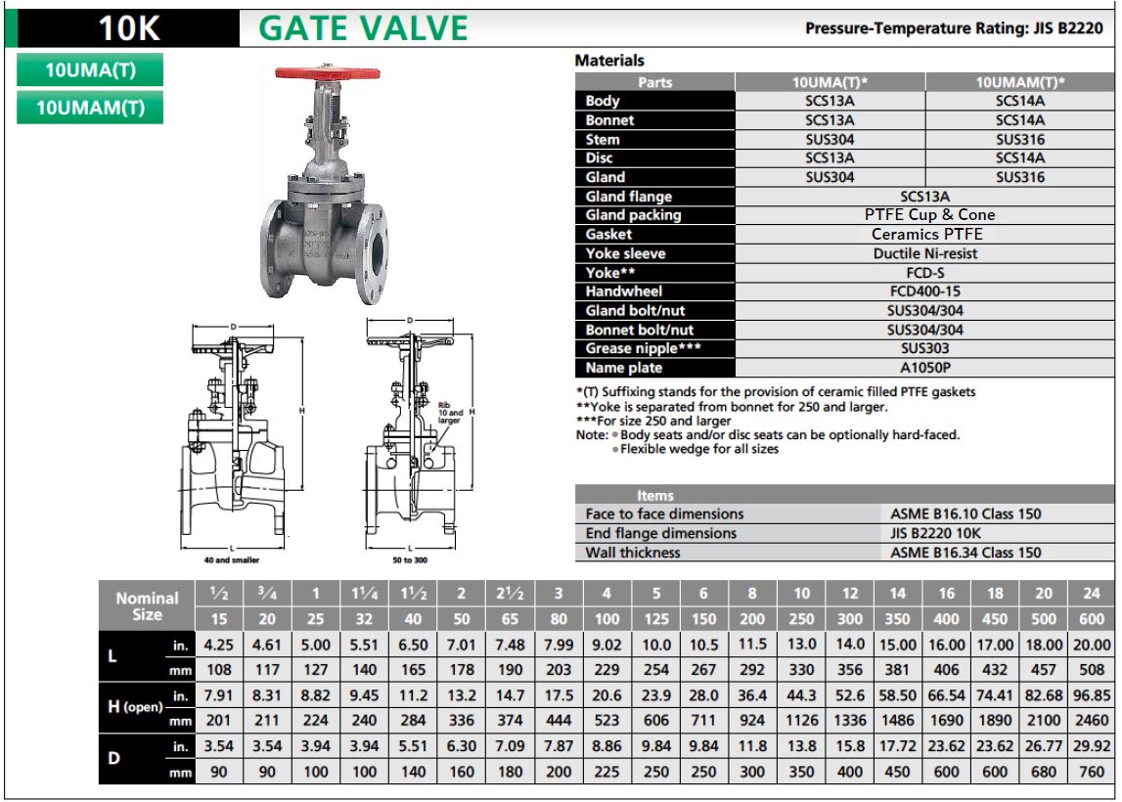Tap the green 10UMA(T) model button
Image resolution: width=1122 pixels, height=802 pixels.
click(89, 70)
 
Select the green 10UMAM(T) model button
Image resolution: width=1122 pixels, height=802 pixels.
click(89, 107)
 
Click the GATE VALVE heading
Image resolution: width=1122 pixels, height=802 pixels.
click(363, 28)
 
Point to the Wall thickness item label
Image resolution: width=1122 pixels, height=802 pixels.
click(632, 553)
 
